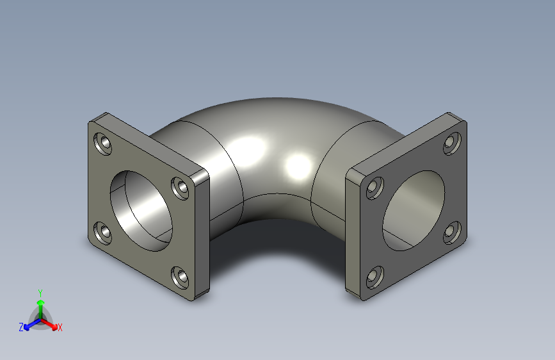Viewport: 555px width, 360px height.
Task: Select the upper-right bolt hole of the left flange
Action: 181,188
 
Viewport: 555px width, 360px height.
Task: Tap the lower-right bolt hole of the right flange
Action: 451,232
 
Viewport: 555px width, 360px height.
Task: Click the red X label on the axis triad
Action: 60,328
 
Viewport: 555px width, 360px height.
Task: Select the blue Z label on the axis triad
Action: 21,327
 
